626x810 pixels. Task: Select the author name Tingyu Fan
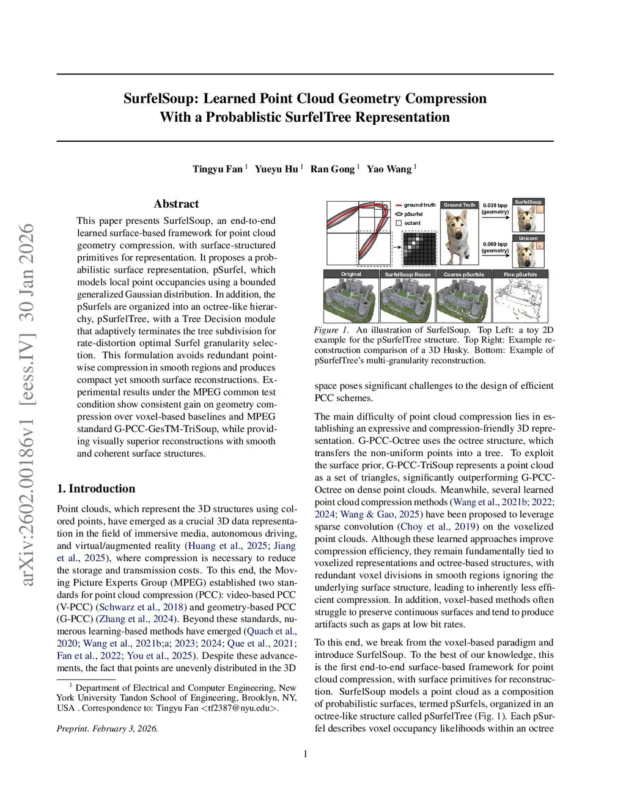(218, 169)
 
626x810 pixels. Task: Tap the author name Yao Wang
(389, 169)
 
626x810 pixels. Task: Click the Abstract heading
(176, 204)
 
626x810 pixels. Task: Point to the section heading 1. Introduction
(96, 488)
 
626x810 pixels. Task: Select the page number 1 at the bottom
(305, 754)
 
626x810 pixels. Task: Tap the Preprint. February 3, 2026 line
(107, 729)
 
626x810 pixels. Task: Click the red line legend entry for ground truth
(399, 205)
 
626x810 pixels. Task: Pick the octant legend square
(399, 223)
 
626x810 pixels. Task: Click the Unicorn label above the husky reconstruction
(528, 238)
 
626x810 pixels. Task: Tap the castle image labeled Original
(350, 300)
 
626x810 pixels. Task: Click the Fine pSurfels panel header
(520, 274)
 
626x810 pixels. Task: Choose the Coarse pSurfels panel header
(463, 274)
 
